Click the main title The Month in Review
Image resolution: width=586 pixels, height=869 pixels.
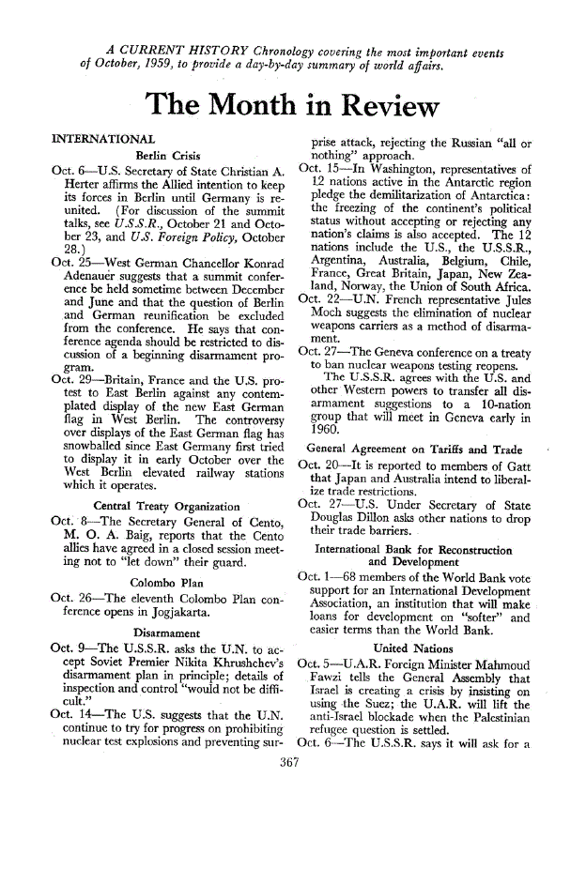point(292,104)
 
